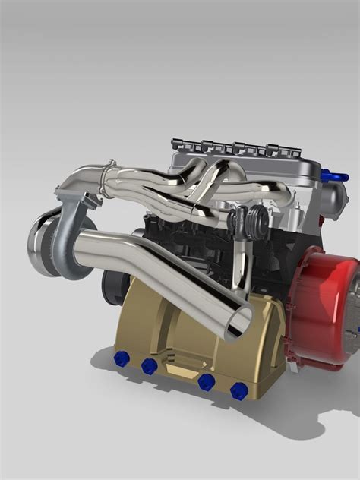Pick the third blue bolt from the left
(205, 382)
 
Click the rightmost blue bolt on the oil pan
(238, 390)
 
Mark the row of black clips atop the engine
(228, 147)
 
